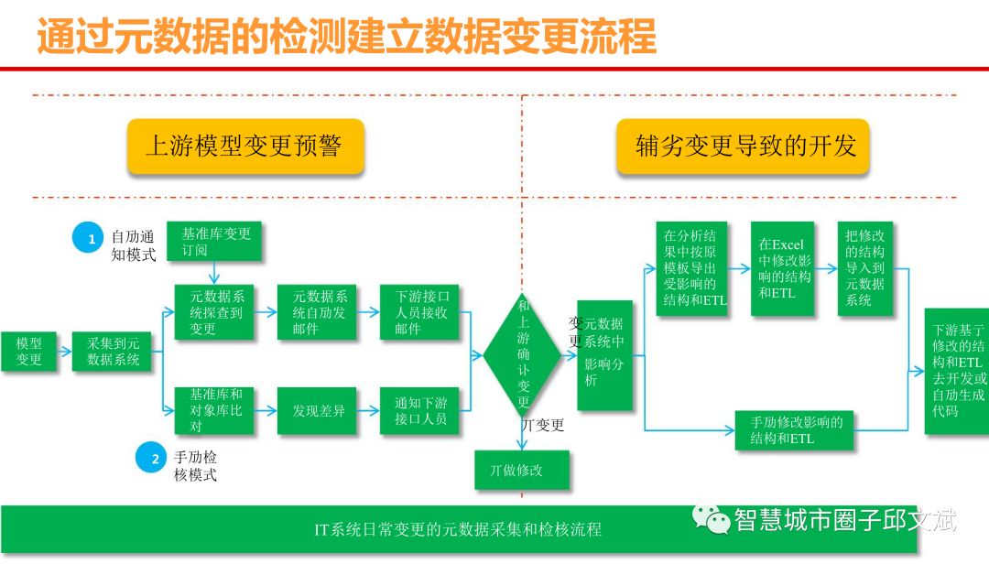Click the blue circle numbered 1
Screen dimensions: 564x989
point(91,239)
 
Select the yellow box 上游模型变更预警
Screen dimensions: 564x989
point(245,146)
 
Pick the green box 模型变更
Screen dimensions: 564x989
point(28,352)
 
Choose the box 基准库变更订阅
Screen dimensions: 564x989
point(215,240)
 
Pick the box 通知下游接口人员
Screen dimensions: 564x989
point(420,410)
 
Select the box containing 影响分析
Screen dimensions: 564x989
point(604,354)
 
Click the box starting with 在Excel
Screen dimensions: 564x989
point(783,268)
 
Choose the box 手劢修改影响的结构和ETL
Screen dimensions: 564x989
point(795,429)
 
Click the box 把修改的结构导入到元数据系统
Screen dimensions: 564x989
point(865,268)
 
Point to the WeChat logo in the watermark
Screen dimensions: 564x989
point(712,519)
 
